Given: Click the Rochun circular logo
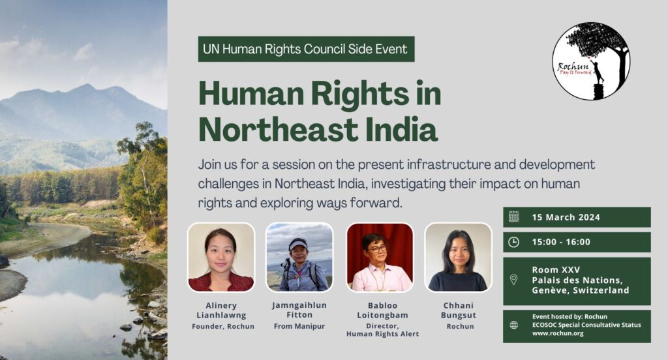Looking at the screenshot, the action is pyautogui.click(x=591, y=61).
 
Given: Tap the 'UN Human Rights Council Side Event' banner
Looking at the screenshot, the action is pyautogui.click(x=306, y=49).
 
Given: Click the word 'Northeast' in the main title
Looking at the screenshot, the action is pyautogui.click(x=279, y=130).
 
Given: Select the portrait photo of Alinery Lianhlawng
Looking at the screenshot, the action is pyautogui.click(x=221, y=258).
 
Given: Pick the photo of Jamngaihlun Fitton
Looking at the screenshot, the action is pyautogui.click(x=299, y=258).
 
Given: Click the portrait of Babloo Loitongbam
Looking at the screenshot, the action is pyautogui.click(x=380, y=258).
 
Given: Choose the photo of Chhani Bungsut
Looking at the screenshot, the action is pyautogui.click(x=458, y=258).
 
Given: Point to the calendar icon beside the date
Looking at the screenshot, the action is pyautogui.click(x=514, y=217).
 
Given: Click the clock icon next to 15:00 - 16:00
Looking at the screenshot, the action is pyautogui.click(x=514, y=242).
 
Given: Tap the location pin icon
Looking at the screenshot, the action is pyautogui.click(x=514, y=280).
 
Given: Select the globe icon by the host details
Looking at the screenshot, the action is pyautogui.click(x=514, y=325).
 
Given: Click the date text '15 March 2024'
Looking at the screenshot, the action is pyautogui.click(x=566, y=217).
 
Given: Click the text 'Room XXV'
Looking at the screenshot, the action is pyautogui.click(x=556, y=270).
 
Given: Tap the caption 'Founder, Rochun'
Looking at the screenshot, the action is pyautogui.click(x=223, y=326).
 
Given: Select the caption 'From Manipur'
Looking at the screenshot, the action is pyautogui.click(x=299, y=326).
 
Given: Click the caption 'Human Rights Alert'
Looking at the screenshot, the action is pyautogui.click(x=382, y=334).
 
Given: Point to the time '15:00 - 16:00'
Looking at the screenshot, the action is pyautogui.click(x=561, y=242).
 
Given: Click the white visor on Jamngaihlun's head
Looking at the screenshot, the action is pyautogui.click(x=297, y=245).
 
